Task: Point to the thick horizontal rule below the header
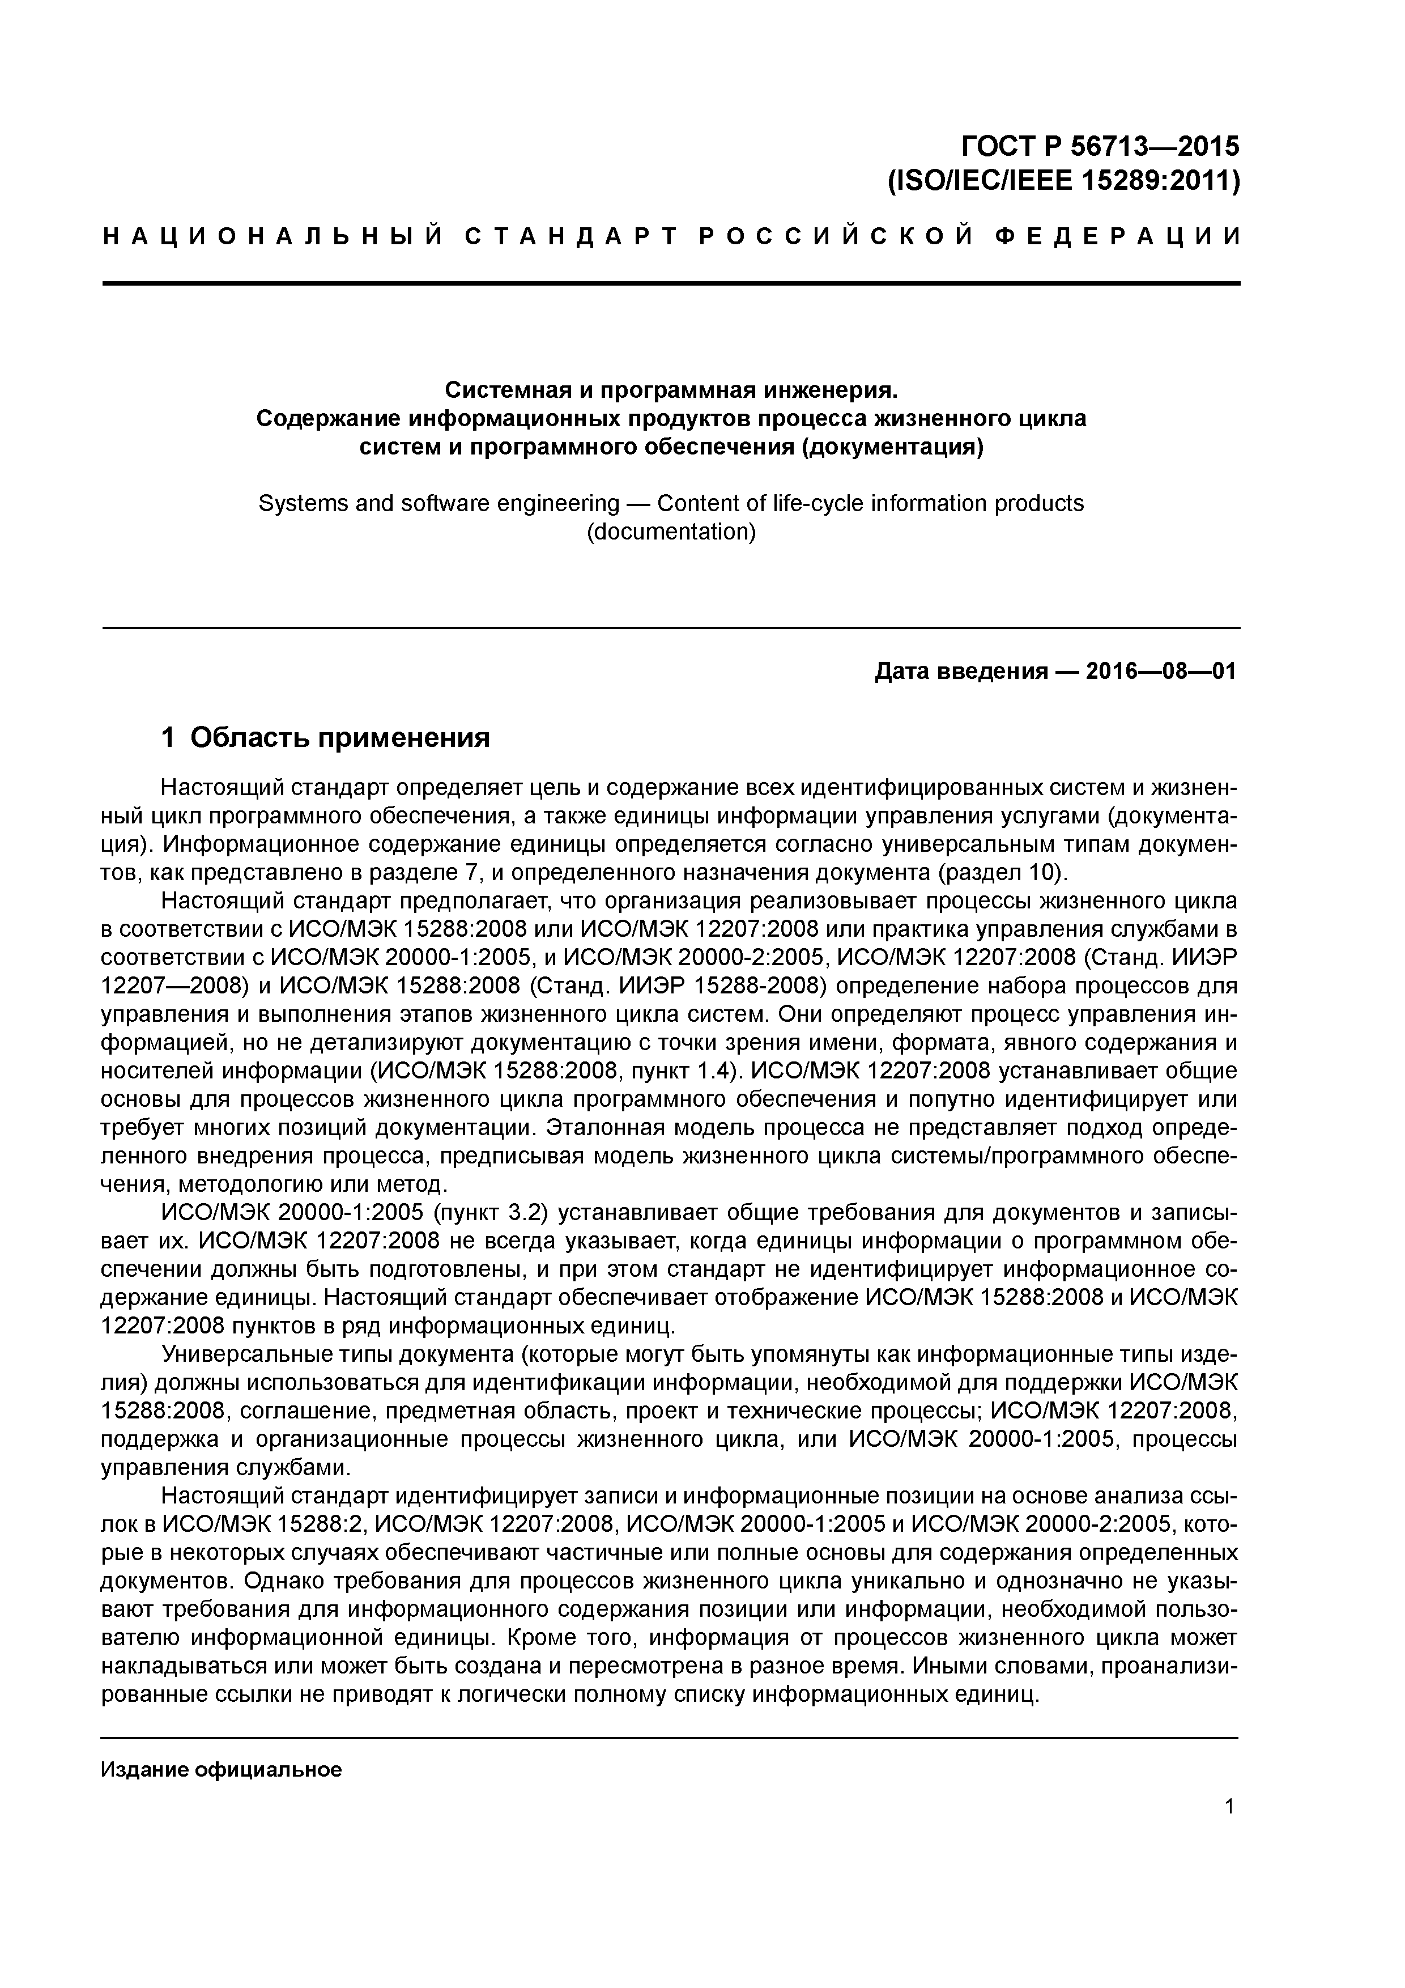(671, 283)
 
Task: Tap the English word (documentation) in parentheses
(671, 532)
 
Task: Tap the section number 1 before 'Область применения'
(169, 738)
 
